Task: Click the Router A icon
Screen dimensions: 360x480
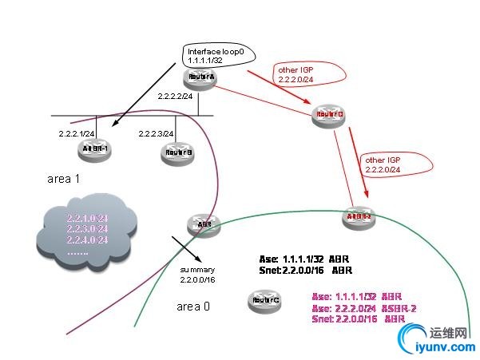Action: point(196,77)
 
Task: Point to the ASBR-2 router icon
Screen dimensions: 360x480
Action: point(358,217)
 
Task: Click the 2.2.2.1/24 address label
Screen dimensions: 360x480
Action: point(77,133)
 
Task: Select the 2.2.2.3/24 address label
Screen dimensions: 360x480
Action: point(157,133)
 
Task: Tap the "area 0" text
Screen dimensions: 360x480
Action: point(192,306)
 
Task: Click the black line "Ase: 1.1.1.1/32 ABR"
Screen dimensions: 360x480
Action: point(304,259)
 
